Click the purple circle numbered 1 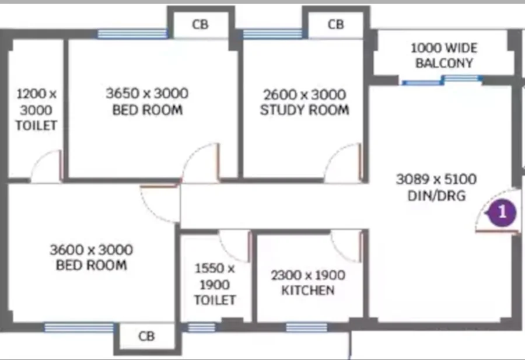[502, 212]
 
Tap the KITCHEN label [307, 290]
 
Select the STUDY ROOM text [304, 110]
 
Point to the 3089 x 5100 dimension [436, 179]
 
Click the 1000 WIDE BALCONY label [444, 55]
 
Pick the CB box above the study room [335, 25]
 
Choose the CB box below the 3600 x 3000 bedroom [146, 336]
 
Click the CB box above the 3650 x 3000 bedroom [200, 25]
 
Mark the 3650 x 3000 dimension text [147, 93]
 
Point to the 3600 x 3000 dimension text [91, 250]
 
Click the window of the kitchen [306, 327]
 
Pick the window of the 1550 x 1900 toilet [201, 327]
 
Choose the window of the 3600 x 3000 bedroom [79, 327]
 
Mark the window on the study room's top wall [272, 34]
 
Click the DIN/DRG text [436, 195]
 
